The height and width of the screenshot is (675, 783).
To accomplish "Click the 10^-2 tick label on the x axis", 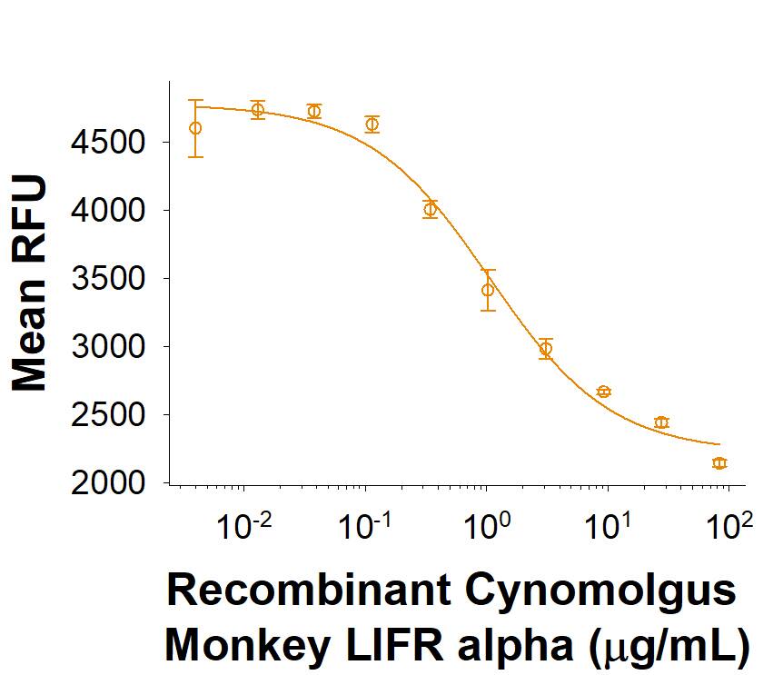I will coord(243,526).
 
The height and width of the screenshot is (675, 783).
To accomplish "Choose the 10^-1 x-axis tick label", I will coord(365,526).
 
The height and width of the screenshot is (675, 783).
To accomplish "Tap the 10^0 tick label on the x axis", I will coord(486,526).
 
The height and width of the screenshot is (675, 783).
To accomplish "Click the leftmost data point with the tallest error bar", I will coord(195,128).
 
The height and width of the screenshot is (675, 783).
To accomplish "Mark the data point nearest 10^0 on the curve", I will coord(488,290).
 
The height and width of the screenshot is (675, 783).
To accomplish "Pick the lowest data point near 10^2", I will coord(719,463).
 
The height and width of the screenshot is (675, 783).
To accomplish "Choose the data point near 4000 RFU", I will coord(430,209).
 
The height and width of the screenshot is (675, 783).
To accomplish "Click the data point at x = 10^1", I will coord(604,392).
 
